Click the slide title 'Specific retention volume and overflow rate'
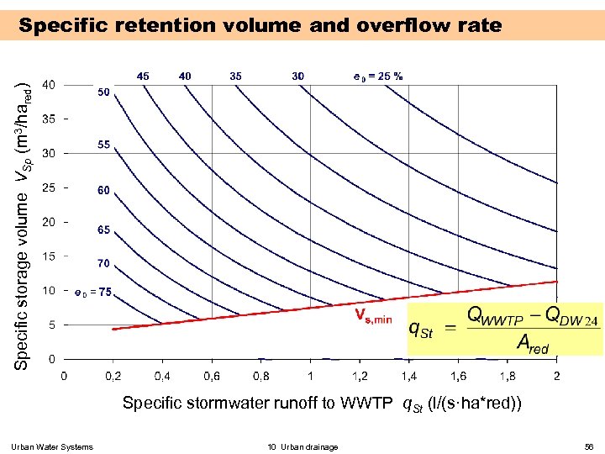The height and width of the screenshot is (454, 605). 260,25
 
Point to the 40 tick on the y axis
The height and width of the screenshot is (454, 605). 50,84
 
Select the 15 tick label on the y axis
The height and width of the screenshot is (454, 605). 50,256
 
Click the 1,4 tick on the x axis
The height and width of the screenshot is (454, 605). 409,375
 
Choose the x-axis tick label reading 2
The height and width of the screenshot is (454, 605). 556,375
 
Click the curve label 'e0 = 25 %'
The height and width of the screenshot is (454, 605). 378,76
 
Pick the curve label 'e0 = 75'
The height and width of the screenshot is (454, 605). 93,293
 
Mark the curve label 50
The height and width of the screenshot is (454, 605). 103,92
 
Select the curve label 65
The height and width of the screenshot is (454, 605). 103,229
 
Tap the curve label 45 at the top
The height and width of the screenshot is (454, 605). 144,76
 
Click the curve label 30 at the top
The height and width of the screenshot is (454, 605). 298,76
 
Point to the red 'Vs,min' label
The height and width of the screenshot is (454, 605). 372,317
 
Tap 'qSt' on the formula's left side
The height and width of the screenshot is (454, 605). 420,330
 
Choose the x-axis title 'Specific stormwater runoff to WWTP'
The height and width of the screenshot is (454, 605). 256,403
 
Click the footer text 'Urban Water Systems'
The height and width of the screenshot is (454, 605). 53,446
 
